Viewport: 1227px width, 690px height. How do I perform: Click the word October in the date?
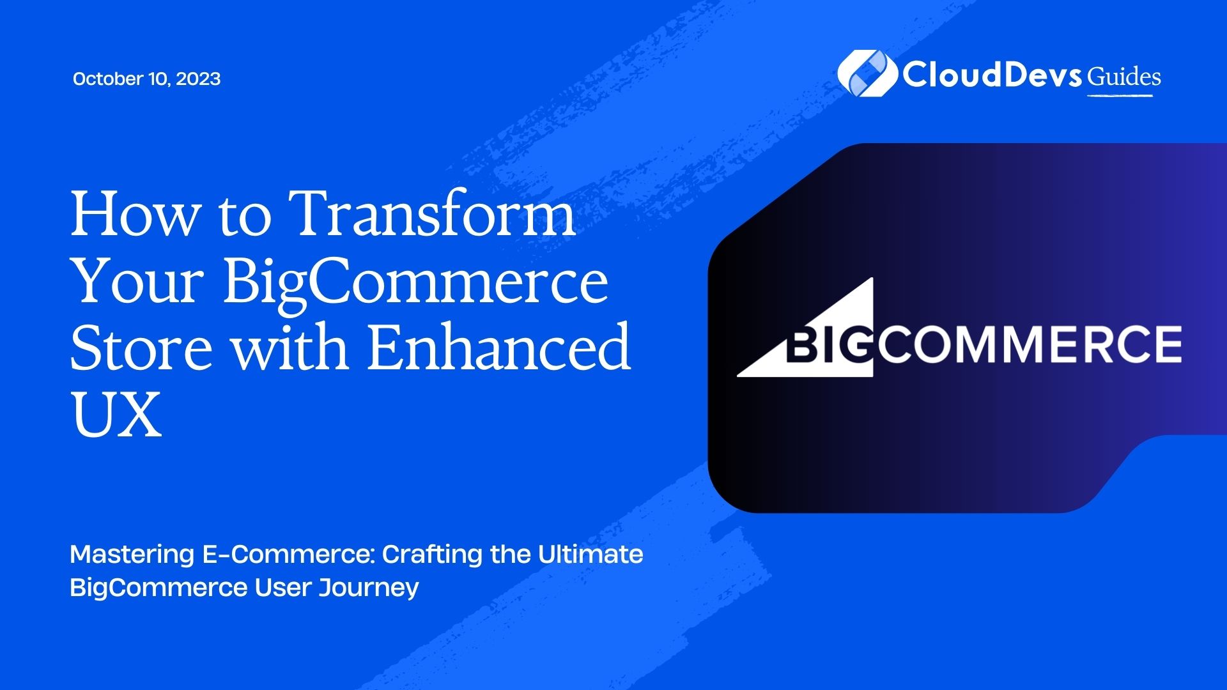[x=108, y=79]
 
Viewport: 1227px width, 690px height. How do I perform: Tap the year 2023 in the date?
[x=198, y=79]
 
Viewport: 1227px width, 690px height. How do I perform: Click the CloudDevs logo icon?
[x=867, y=74]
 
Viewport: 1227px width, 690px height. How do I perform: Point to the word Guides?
[x=1124, y=77]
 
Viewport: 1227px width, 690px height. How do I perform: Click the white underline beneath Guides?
[x=1120, y=95]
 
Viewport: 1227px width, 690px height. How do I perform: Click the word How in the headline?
[x=135, y=214]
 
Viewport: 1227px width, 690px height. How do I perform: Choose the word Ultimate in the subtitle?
[x=590, y=554]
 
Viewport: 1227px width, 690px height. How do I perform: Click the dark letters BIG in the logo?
[x=828, y=345]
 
